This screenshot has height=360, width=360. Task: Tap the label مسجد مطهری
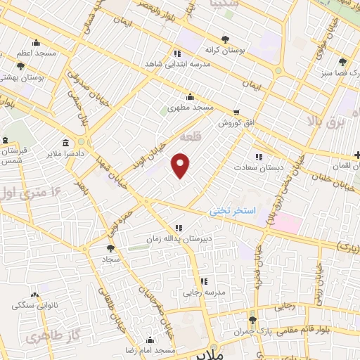tap(190, 108)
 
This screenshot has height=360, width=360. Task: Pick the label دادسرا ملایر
tap(65, 153)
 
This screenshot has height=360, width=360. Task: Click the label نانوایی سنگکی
tap(34, 305)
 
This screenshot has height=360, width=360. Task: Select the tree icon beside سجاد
tap(110, 248)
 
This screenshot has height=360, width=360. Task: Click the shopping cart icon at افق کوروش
tap(236, 112)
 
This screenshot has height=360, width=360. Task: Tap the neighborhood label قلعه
tap(191, 136)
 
